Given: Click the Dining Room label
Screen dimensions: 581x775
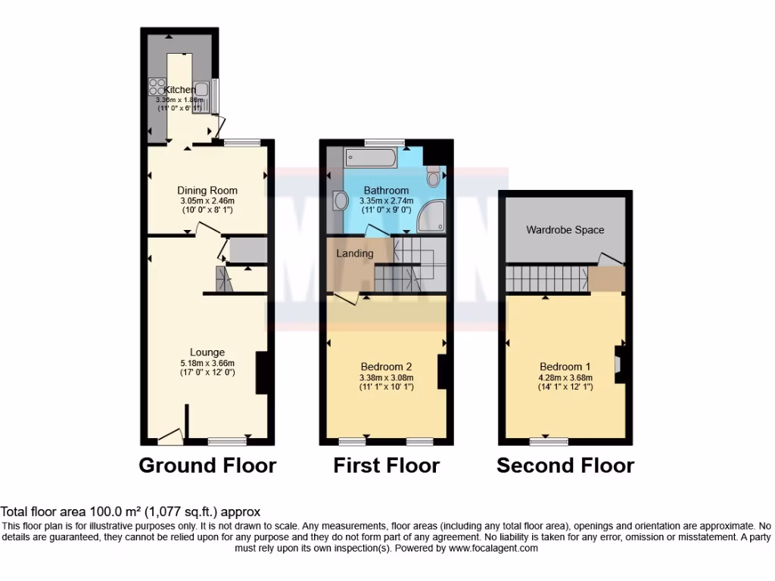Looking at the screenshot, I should [207, 190].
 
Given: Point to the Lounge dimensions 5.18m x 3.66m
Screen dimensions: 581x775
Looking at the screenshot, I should [207, 362].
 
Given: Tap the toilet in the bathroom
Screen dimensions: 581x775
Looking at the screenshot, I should [433, 177].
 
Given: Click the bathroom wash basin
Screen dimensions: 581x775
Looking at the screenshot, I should [341, 201].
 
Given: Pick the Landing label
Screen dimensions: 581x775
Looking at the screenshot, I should [355, 253].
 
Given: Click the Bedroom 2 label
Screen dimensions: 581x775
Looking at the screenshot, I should [386, 366].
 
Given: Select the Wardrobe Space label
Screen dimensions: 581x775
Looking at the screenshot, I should [565, 229].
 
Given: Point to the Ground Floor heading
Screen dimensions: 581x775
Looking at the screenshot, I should [207, 465].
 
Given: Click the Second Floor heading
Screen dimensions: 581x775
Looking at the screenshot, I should [565, 465].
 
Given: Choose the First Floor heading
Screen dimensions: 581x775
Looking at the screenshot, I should [386, 465].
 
